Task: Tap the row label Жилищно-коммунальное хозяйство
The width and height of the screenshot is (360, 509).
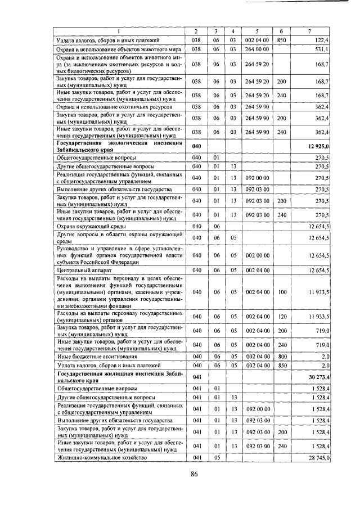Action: (101, 458)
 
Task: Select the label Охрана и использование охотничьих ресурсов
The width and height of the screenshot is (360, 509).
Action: (114, 106)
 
